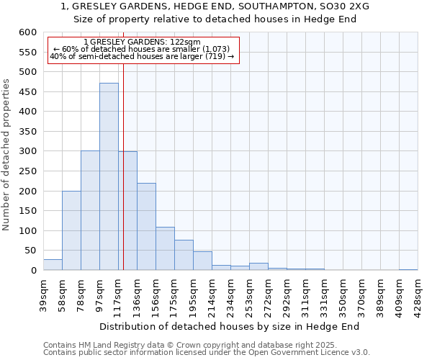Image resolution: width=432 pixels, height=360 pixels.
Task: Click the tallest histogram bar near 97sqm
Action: [x=109, y=176]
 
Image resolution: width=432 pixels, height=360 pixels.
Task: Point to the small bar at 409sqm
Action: [x=408, y=269]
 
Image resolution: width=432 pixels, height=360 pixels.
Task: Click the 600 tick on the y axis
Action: [x=27, y=32]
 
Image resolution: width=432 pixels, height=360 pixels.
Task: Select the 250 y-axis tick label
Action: [x=27, y=171]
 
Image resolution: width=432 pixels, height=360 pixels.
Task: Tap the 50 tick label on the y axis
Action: [x=30, y=251]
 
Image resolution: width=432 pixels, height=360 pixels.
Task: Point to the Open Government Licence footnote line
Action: [x=207, y=353]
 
